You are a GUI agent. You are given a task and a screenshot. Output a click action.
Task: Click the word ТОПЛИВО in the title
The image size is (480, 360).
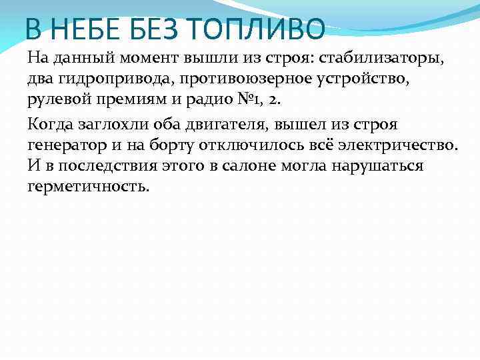pyautogui.click(x=253, y=29)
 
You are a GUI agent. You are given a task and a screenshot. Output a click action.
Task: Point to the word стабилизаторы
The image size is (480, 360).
pyautogui.click(x=387, y=58)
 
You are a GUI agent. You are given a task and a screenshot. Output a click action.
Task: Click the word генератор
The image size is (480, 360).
pyautogui.click(x=66, y=145)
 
